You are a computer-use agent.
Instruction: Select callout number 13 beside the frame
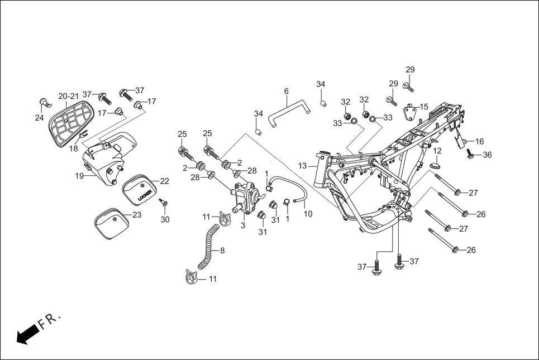pos(302,166)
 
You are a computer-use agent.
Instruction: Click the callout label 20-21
pos(69,96)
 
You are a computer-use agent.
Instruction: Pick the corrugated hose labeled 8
pos(207,246)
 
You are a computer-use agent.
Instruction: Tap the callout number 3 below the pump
pos(243,225)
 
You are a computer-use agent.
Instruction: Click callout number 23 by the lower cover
pos(137,215)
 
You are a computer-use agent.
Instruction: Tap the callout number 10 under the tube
pos(308,214)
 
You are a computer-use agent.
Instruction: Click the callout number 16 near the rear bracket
pos(479,142)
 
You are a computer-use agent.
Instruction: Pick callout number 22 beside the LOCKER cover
pos(164,181)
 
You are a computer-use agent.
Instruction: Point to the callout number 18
pos(74,149)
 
